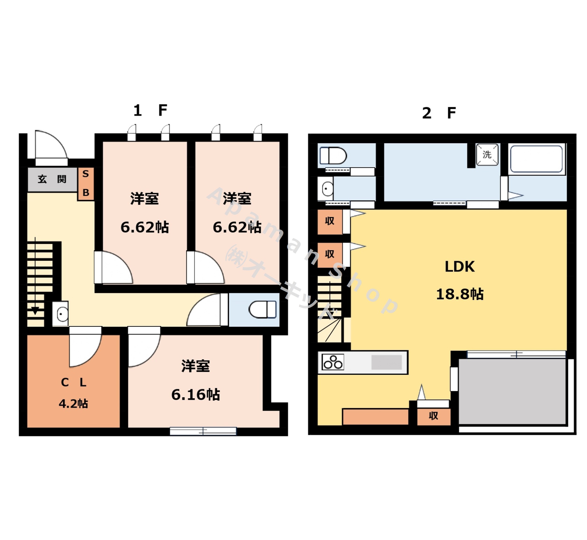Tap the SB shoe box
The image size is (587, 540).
pyautogui.click(x=86, y=183)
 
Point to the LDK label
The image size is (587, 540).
pyautogui.click(x=460, y=266)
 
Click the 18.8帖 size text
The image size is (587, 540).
pyautogui.click(x=460, y=294)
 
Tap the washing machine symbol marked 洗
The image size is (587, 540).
pyautogui.click(x=487, y=154)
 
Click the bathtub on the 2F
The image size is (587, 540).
pyautogui.click(x=536, y=159)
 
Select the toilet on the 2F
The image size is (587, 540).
pyautogui.click(x=333, y=155)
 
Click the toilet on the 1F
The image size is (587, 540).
pyautogui.click(x=262, y=309)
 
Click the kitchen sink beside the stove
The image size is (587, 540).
pyautogui.click(x=386, y=362)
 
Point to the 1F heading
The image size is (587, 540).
pyautogui.click(x=150, y=110)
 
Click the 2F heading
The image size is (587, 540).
pyautogui.click(x=439, y=113)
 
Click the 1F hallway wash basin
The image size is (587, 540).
pyautogui.click(x=60, y=314)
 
